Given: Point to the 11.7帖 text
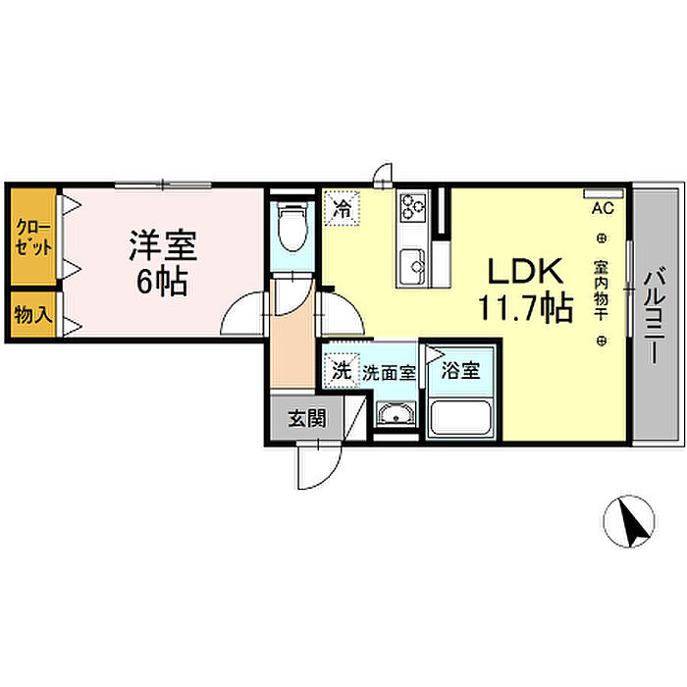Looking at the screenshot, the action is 525,308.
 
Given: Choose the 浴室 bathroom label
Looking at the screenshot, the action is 460,372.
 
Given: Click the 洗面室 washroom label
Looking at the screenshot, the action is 390,373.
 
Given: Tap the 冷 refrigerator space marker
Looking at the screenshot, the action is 342,208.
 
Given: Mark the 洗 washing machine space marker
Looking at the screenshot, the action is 340,371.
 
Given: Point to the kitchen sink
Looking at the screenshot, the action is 411,262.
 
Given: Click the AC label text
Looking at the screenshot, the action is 602,208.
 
